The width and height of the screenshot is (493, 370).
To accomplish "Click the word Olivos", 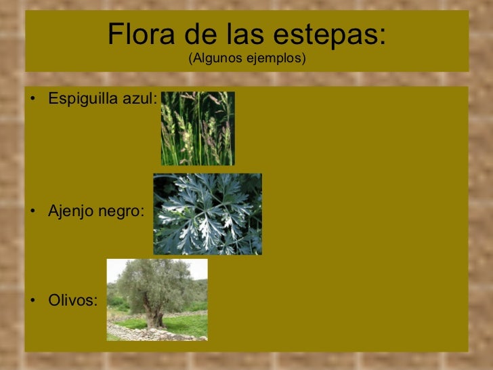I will click(x=72, y=300).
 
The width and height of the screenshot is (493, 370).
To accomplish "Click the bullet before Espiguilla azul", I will click(x=33, y=100).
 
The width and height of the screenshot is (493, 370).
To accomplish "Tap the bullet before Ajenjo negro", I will click(x=33, y=211).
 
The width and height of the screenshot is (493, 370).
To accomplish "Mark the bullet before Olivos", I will click(x=33, y=300).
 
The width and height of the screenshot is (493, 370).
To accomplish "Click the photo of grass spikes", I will click(x=198, y=129).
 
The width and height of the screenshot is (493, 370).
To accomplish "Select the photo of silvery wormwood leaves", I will click(x=207, y=214).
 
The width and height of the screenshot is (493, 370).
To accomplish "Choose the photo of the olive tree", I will click(x=157, y=299).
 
